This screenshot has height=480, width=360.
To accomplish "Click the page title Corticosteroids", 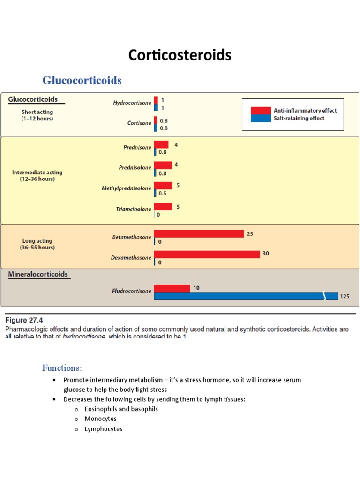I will coord(180,55).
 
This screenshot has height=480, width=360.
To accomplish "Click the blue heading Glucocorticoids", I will coord(82,81).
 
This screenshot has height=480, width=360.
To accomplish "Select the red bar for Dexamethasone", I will coord(207,254).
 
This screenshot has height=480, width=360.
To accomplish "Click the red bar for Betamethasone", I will coord(199,233).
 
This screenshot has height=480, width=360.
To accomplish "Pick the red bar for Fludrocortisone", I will coord(172,288).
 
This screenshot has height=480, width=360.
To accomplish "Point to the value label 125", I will coord(345,296).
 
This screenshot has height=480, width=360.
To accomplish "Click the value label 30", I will coord(265,253).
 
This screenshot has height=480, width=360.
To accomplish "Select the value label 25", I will coord(250,233).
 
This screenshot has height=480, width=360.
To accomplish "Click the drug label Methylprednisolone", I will coord(127,188).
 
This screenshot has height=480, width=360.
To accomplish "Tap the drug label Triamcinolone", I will coord(134,209).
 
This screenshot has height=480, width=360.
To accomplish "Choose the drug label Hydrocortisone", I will coord(132,103).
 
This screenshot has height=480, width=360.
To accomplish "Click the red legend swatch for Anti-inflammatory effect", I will coord(261,111).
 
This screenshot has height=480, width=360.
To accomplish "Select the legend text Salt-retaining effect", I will coord(299,118).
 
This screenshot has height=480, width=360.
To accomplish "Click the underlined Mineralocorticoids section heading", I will coord(38,274).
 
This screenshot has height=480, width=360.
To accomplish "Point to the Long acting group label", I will coord(37,244).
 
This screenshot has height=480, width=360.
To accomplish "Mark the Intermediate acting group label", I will coord(37,175).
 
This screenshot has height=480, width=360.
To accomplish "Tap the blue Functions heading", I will coord(62,367).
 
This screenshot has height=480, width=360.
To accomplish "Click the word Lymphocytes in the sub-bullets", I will coord(103,429).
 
